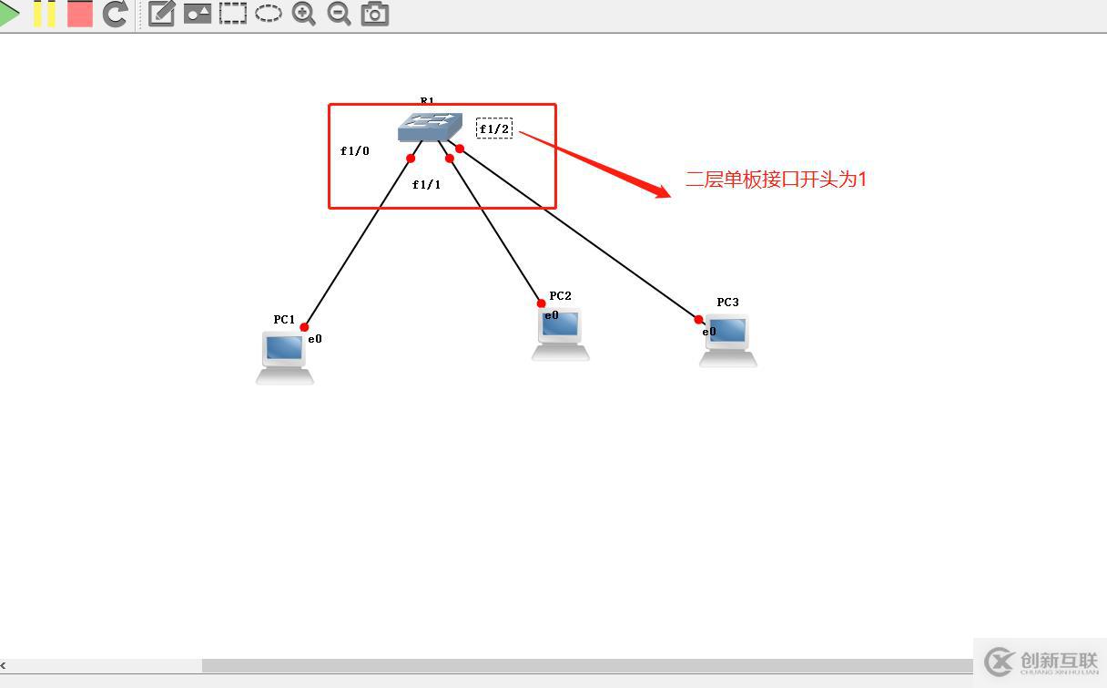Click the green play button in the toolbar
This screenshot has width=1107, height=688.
point(8,14)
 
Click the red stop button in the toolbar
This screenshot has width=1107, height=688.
point(80,14)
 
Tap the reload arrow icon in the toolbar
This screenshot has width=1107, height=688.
point(115,14)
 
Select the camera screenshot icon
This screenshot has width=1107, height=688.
point(374,14)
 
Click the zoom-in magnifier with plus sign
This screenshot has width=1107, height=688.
point(303,14)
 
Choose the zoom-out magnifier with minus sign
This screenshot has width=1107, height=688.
point(339,14)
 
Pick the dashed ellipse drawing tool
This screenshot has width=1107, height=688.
point(268,14)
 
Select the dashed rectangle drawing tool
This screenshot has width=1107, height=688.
point(233,14)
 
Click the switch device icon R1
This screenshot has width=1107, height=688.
point(430,127)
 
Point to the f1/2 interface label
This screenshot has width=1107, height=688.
point(494,128)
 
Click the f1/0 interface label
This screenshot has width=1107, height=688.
point(355,151)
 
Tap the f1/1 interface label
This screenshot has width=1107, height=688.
point(426,185)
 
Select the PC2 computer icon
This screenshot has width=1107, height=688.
point(561,334)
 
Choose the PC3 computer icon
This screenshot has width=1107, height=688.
point(728,340)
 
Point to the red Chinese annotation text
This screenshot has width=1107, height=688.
point(776,180)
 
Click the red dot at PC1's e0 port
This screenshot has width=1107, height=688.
point(304,327)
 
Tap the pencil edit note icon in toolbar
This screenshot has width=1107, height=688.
point(161,14)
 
